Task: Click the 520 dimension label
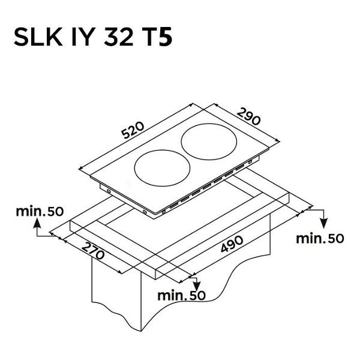(x=133, y=130)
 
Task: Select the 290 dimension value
(x=249, y=116)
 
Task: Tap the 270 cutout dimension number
(x=93, y=251)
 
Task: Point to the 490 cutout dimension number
(x=232, y=244)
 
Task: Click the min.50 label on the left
(x=40, y=211)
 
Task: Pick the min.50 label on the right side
(x=320, y=239)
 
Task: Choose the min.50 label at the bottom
(x=181, y=296)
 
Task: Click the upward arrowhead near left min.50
(x=37, y=223)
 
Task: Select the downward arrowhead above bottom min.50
(x=197, y=286)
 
